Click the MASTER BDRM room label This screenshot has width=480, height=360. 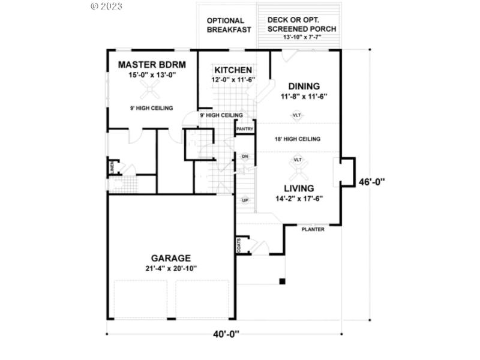[x=152, y=65]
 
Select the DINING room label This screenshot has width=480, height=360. [x=304, y=86]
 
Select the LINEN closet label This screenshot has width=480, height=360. [x=112, y=167]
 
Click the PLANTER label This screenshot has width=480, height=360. [x=313, y=229]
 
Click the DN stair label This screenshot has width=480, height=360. [x=245, y=157]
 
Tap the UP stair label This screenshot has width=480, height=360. [x=245, y=200]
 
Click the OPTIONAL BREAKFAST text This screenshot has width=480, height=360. [x=229, y=25]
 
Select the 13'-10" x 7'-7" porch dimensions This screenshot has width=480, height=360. [x=302, y=37]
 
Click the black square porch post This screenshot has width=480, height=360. [x=281, y=281]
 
